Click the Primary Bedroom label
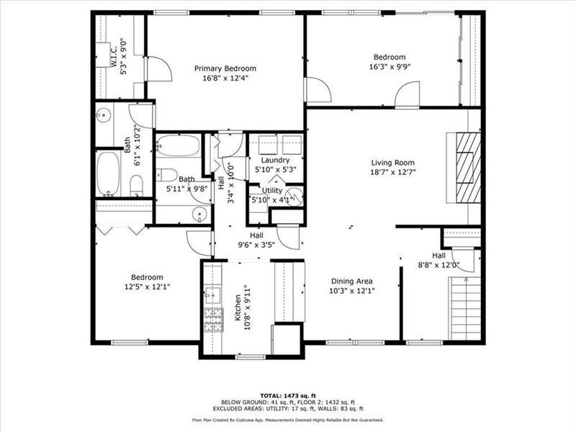(225, 68)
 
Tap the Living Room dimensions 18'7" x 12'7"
(393, 172)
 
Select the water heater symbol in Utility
(295, 195)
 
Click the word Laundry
(275, 160)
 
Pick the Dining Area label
(352, 281)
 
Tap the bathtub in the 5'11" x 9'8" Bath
(177, 146)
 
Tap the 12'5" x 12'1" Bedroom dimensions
(146, 287)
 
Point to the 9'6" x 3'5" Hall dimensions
(256, 245)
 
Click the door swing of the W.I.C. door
(160, 68)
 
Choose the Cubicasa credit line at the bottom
(287, 419)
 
